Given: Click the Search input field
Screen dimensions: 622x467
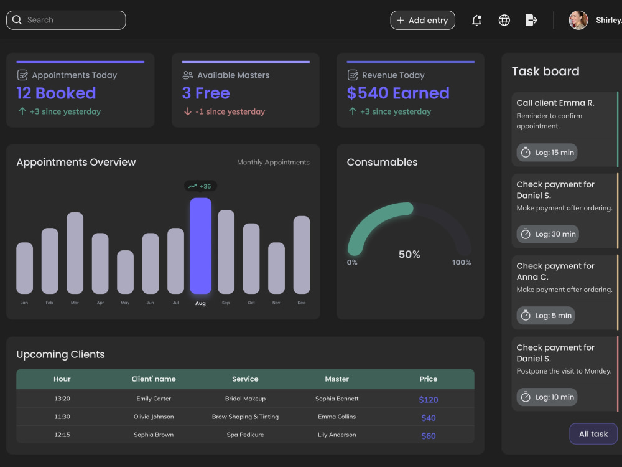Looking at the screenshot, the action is point(66,21).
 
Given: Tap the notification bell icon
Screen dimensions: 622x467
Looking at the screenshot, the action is point(477,21).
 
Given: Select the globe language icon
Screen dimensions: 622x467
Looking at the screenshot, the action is point(504,21).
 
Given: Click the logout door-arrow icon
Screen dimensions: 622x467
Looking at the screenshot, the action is point(531,20).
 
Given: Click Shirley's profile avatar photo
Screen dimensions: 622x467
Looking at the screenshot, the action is point(578,21).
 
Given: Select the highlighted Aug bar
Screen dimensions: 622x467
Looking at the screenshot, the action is point(201,246).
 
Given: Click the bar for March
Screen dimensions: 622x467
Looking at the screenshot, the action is point(75,253).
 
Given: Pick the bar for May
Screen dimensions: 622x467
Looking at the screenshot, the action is point(126,272).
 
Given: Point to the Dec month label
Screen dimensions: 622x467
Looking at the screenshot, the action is point(302,303).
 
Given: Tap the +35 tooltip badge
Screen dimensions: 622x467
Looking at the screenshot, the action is point(201,186).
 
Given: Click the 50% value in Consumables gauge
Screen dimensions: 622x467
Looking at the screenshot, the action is point(409,254).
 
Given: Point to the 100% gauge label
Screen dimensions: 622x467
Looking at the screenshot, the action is point(462,263).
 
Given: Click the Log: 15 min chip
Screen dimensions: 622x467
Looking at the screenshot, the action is point(547,153).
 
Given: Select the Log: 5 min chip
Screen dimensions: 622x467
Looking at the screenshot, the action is point(546,316).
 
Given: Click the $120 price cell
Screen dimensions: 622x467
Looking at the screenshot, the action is point(429,400).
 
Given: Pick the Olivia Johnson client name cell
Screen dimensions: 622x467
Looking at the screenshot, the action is point(154,417).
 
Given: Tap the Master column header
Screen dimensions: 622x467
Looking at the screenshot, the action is point(337,379).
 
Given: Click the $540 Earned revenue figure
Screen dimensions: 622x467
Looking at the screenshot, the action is point(398,93).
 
